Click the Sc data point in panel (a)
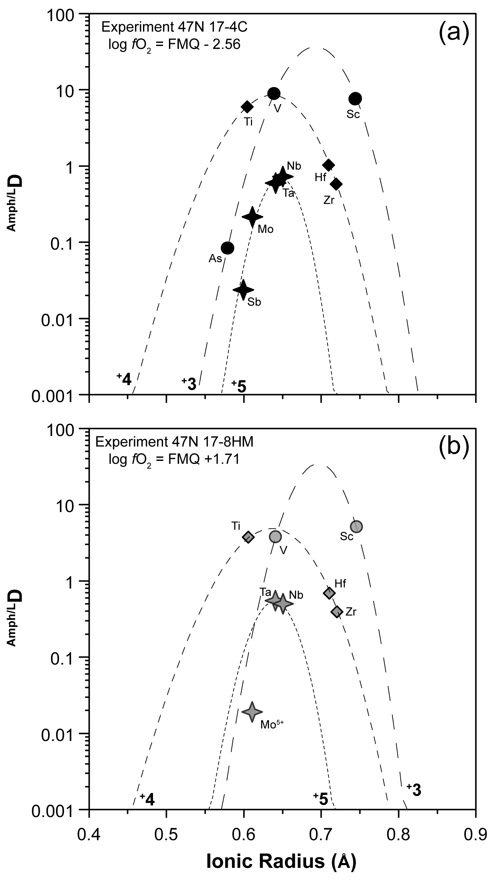[355, 99]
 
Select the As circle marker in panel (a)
[227, 248]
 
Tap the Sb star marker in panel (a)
[243, 290]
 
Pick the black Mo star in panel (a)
[252, 217]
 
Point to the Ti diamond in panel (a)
[247, 107]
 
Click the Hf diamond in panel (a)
[329, 165]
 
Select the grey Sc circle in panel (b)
[357, 527]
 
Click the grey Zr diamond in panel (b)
[337, 612]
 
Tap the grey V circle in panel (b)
[276, 537]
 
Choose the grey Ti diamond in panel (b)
[248, 537]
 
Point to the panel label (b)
[453, 447]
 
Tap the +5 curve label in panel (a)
[239, 386]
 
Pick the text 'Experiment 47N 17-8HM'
[175, 442]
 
